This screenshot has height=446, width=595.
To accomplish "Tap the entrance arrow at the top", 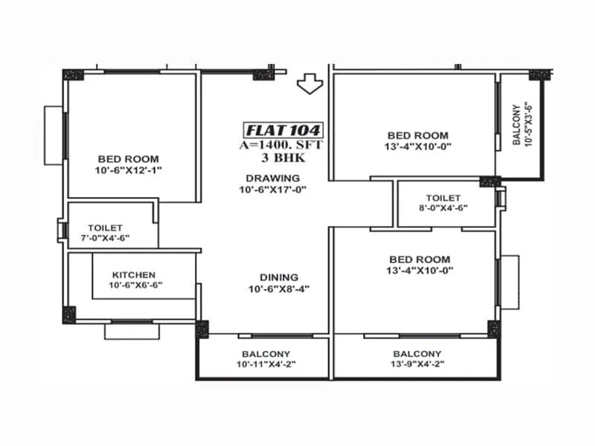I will click(307, 85).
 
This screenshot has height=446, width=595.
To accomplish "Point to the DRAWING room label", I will click(273, 178).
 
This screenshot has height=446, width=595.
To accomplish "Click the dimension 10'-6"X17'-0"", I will click(273, 190).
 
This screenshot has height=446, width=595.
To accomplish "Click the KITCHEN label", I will click(134, 274).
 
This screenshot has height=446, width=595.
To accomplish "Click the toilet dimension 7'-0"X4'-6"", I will click(105, 239).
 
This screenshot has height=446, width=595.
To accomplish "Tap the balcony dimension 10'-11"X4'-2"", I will click(266, 365).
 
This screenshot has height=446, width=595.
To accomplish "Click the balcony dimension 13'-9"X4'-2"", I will click(417, 365).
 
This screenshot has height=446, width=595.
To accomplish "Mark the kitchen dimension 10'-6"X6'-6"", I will click(135, 285).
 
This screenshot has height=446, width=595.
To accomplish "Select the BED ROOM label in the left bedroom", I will click(128, 159).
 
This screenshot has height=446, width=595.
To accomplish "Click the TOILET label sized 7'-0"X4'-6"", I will click(105, 227).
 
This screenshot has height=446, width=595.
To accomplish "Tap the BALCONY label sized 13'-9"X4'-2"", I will click(417, 354).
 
